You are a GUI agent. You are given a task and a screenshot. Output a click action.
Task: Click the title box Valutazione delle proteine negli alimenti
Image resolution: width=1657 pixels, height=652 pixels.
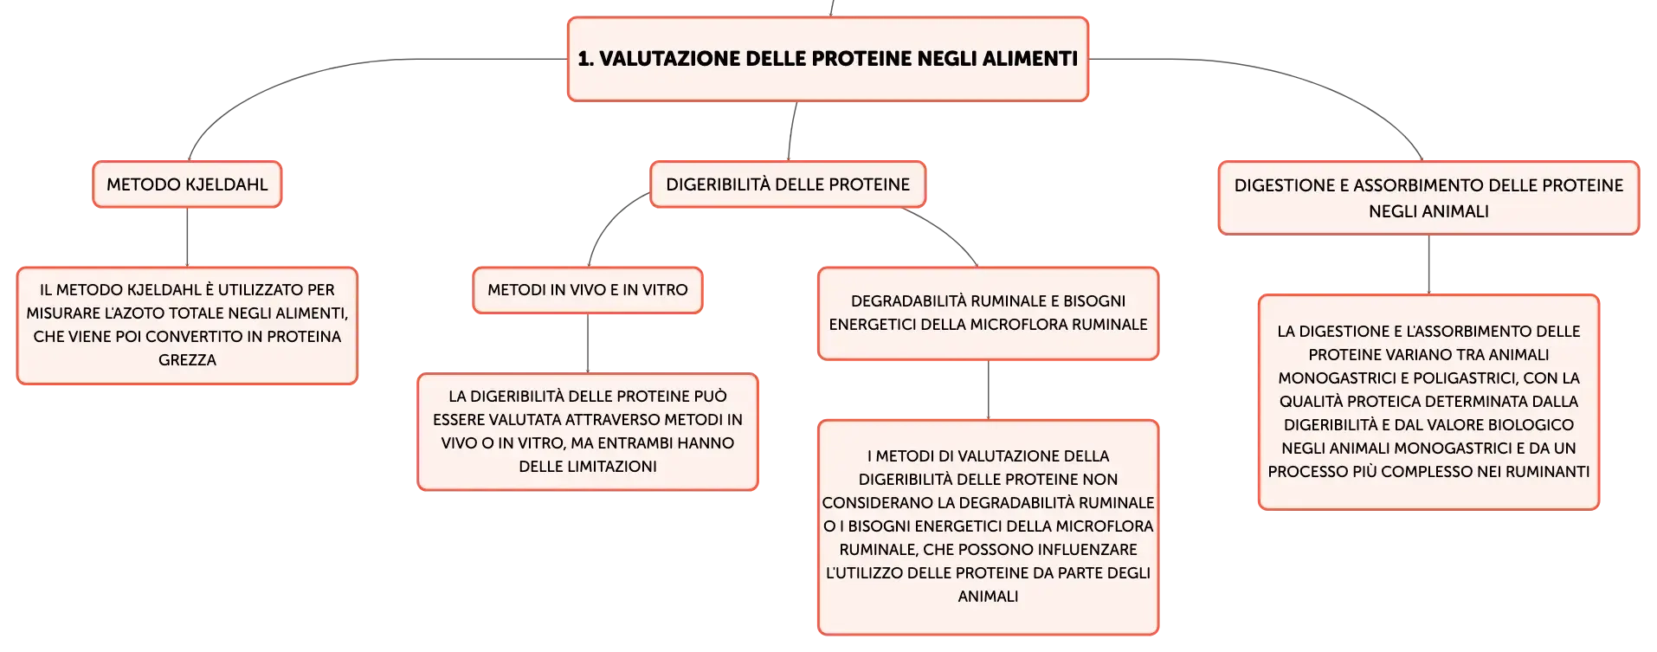pos(828,59)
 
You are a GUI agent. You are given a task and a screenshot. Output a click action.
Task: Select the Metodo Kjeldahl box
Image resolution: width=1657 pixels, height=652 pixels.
pos(187,184)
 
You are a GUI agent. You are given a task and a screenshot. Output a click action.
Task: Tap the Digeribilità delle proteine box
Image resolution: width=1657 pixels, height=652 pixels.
pos(788,184)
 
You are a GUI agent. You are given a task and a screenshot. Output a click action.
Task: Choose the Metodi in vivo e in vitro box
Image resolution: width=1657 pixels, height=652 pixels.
pos(588,290)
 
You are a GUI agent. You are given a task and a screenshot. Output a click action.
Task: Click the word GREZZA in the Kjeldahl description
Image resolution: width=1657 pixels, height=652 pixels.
pos(187,360)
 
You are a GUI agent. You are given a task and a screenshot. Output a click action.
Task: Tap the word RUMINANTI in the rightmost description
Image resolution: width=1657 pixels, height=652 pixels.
pos(1547,472)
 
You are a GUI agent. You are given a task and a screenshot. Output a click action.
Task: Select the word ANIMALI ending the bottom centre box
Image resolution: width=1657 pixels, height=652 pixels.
pos(988,597)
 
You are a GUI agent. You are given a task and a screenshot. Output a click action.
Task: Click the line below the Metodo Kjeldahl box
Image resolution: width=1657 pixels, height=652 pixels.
pos(187,237)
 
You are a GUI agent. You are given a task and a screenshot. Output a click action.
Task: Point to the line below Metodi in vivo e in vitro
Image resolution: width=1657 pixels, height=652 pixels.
pos(588,344)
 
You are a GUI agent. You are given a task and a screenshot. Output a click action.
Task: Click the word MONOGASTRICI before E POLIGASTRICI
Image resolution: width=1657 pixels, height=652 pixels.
pos(1338,378)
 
